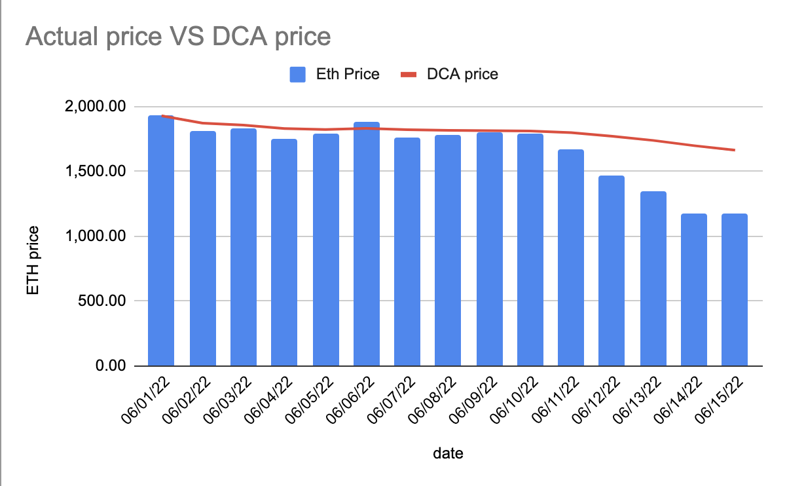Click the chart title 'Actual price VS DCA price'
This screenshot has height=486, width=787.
(177, 37)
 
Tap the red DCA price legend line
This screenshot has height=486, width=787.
(409, 75)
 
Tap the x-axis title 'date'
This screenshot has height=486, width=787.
(448, 454)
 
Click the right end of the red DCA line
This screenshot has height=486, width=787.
(734, 150)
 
